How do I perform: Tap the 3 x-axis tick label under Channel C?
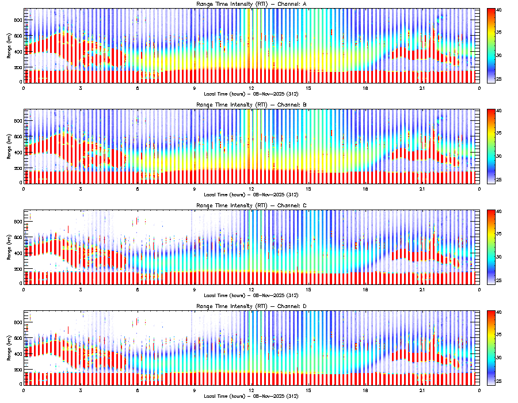[x=81, y=290]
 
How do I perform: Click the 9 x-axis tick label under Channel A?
[x=195, y=88]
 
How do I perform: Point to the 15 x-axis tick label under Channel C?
[x=308, y=290]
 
